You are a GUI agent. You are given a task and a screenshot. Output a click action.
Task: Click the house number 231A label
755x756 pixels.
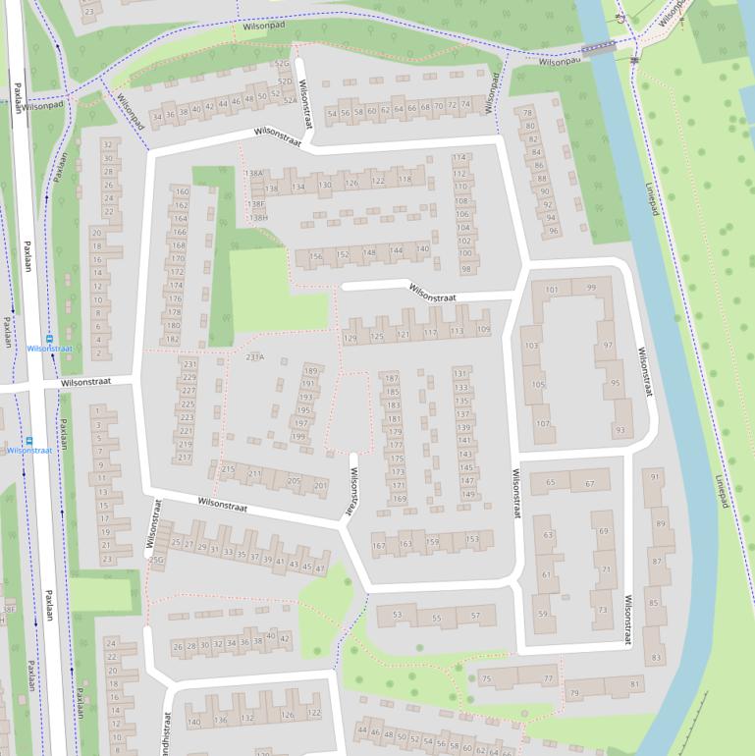tap(255, 356)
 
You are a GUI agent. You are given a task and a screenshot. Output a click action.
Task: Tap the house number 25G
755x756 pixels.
tap(156, 560)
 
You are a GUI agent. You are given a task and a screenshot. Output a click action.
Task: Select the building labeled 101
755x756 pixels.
tap(552, 290)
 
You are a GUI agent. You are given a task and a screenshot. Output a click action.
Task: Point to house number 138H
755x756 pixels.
tap(258, 218)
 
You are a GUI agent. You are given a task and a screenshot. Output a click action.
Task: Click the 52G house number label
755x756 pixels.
tap(282, 64)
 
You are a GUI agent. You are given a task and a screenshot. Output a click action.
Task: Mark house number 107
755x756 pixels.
tap(542, 424)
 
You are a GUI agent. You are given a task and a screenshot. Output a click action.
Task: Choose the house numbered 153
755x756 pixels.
tap(472, 539)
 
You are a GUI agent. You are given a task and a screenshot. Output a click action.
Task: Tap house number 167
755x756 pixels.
tap(379, 545)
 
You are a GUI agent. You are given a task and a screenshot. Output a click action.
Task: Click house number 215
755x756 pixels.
tap(228, 469)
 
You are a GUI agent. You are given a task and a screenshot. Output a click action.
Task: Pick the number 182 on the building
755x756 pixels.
tap(173, 340)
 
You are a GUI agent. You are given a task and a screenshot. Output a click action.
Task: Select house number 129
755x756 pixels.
tap(351, 338)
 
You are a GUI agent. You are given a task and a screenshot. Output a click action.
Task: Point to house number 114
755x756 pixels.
tap(459, 158)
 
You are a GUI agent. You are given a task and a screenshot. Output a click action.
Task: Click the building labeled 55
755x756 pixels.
tap(436, 618)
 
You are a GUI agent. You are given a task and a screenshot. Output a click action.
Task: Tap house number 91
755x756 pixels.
tap(655, 477)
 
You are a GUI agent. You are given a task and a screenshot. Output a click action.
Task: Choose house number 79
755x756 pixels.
tap(574, 693)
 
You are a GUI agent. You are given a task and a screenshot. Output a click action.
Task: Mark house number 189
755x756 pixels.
tap(310, 370)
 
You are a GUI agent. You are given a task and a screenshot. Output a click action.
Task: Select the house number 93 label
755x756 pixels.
tap(620, 430)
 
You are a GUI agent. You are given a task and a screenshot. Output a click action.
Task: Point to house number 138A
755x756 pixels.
tap(254, 174)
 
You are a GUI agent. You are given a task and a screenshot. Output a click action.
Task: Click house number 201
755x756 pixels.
tap(320, 485)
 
